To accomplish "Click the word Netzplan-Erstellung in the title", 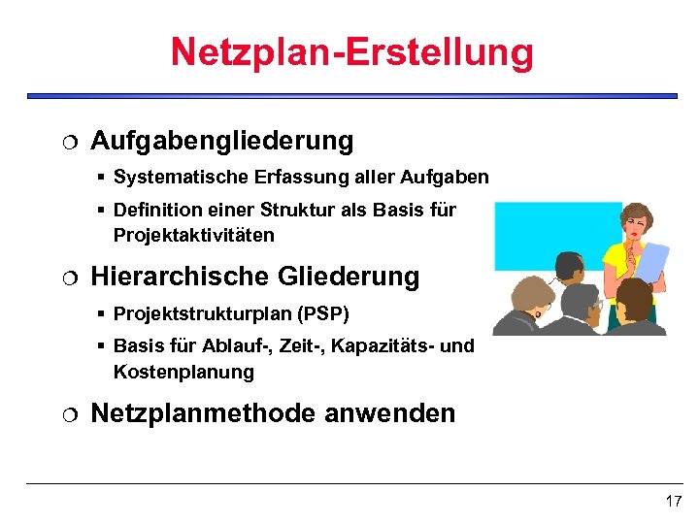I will point(351,51).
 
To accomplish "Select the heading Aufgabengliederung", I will point(221,141).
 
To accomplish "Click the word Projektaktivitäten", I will point(193,235).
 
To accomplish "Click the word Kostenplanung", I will point(183,372).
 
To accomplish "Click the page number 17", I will point(673,502).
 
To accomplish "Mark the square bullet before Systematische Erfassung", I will point(101,179).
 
